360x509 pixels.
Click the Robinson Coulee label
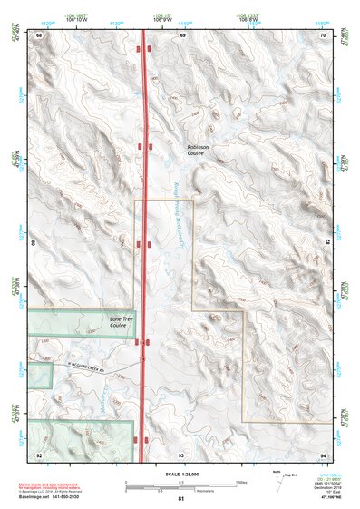[197, 150]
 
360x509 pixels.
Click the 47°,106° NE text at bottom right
[322, 498]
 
